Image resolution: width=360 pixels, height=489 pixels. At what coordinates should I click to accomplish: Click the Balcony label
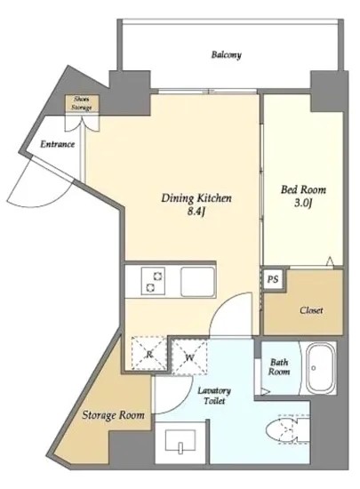pos(227,55)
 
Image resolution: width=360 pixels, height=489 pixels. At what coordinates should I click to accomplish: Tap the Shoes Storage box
pos(82,103)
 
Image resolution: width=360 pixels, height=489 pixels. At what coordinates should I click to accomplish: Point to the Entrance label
pos(58,144)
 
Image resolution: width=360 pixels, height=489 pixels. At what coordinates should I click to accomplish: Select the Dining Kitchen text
pos(196,198)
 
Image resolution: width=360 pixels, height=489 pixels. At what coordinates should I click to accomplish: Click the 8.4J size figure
pos(196,212)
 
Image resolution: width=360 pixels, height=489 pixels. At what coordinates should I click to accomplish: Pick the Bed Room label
pos(303,189)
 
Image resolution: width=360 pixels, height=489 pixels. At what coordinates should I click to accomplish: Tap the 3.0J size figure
pos(303,204)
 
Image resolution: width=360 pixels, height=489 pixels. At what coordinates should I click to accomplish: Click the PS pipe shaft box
pos(273,279)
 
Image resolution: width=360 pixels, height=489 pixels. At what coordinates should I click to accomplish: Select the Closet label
pos(311,310)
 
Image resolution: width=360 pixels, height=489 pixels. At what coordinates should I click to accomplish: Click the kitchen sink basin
pos(198,282)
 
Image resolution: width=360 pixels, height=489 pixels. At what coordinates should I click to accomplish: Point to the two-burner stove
pos(154,281)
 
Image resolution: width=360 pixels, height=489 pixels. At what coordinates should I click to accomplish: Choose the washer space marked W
pos(189,357)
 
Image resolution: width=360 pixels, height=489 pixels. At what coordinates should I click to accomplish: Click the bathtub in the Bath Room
pos(321,368)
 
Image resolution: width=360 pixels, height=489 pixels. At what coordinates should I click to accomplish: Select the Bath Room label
pos(279,367)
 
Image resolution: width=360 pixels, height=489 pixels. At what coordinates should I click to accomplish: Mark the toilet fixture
pos(287,429)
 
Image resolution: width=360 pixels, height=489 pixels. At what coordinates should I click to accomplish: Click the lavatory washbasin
pos(180,440)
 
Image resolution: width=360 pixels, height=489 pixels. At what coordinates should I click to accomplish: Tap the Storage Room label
pos(114,415)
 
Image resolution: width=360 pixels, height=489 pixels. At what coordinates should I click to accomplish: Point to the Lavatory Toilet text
pos(214,396)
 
